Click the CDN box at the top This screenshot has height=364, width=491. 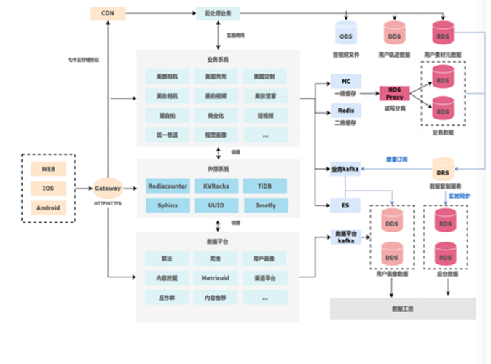coord(107,13)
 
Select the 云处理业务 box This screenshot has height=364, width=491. coord(218,13)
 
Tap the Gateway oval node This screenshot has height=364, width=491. coord(108,188)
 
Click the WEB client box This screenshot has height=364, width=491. coord(48,168)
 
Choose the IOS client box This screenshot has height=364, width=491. coord(48,188)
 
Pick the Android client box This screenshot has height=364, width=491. coord(48,207)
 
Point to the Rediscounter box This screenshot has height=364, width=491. coord(167,186)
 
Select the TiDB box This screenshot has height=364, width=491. coord(264,186)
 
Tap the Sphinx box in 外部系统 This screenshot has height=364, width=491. coord(167,206)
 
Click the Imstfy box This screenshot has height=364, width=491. coord(264,206)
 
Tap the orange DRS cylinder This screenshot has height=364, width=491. coord(442,172)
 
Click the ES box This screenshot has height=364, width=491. coord(345,205)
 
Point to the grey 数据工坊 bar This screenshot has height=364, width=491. coord(402,309)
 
